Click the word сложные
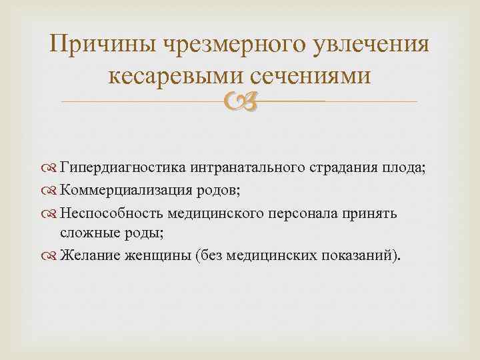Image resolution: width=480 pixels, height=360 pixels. tap(87, 233)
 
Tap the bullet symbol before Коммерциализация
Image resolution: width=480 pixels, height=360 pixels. tap(51, 191)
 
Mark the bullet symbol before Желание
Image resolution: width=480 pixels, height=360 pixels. tap(51, 257)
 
